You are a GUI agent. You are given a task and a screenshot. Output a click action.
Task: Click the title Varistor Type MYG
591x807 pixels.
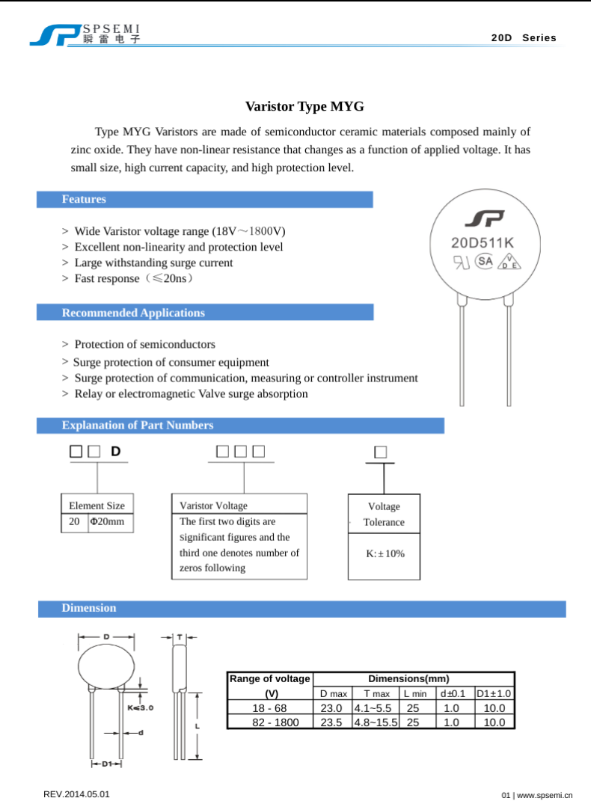(x=304, y=106)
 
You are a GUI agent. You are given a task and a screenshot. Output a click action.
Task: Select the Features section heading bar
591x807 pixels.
(x=204, y=199)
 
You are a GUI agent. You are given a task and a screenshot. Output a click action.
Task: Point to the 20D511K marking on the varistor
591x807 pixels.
(x=483, y=243)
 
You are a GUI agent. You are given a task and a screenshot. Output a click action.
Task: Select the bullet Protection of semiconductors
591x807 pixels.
(x=144, y=344)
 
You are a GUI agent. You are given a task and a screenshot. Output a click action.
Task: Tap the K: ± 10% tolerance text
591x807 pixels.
(x=385, y=553)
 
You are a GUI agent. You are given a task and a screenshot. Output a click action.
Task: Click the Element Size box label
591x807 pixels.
(x=97, y=506)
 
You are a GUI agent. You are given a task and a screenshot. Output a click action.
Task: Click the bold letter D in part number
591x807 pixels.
(x=115, y=451)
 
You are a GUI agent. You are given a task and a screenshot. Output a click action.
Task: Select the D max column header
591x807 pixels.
(x=331, y=694)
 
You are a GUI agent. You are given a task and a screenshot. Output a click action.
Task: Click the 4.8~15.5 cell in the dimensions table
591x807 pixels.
(x=375, y=722)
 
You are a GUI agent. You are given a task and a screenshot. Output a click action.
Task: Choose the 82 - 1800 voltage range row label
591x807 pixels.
(x=269, y=722)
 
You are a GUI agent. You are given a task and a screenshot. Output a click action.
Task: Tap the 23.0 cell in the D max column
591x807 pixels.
(x=331, y=708)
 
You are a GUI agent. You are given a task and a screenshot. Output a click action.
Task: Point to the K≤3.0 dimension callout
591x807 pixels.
(x=140, y=707)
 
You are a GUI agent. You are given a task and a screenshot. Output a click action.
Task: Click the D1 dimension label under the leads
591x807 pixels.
(x=106, y=764)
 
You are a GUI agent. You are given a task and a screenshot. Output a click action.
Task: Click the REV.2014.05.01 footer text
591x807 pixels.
(x=77, y=794)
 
